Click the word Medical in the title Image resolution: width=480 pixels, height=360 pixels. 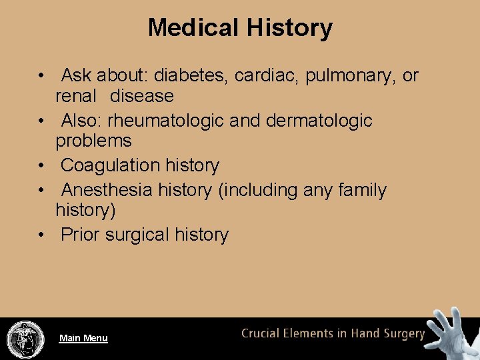pyautogui.click(x=194, y=28)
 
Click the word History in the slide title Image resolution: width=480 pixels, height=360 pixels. pyautogui.click(x=289, y=28)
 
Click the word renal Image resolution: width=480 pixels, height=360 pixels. pyautogui.click(x=76, y=96)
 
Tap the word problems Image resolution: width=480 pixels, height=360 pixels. pyautogui.click(x=93, y=141)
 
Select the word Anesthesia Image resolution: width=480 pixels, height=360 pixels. pyautogui.click(x=107, y=191)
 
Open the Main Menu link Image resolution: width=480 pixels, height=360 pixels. pyautogui.click(x=83, y=338)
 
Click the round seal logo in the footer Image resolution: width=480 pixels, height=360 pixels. pyautogui.click(x=25, y=339)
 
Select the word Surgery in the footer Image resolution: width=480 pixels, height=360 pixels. pyautogui.click(x=403, y=334)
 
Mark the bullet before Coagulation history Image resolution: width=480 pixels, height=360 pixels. pyautogui.click(x=42, y=166)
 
